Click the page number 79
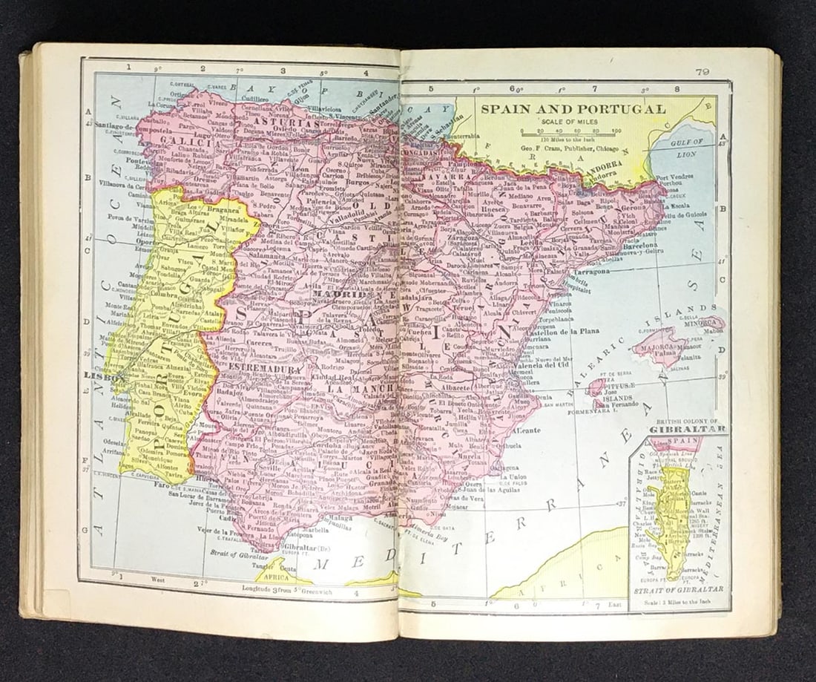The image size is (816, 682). [703, 71]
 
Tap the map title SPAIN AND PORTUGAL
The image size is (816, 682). [573, 109]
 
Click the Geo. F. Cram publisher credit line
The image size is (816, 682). [570, 147]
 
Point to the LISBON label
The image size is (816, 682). [95, 376]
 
